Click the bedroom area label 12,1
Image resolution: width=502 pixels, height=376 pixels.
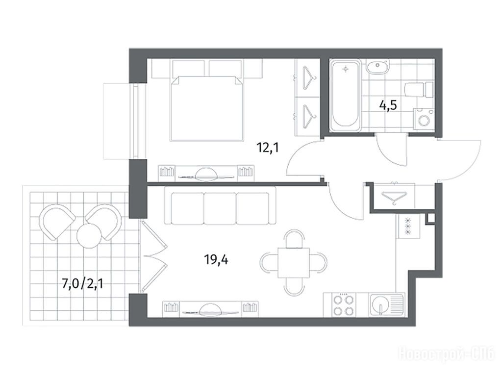(268, 148)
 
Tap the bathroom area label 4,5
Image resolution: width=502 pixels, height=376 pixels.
(388, 105)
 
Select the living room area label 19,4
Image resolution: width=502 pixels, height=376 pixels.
(216, 259)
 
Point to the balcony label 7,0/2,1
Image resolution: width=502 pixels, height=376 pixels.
(82, 284)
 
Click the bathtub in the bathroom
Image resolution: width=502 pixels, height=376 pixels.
(346, 96)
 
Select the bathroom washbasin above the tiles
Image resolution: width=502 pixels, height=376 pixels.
(378, 67)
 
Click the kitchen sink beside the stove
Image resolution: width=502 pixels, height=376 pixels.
(387, 305)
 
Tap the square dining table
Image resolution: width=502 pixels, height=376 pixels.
(294, 263)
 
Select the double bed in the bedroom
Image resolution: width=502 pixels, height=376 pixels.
(207, 108)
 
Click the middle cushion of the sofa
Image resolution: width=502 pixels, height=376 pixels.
(220, 208)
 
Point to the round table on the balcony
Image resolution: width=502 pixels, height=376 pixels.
(88, 235)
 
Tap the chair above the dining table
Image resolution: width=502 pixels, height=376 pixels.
(294, 238)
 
